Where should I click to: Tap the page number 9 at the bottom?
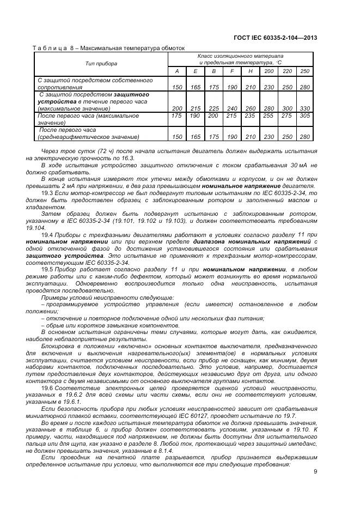pyautogui.click(x=315, y=472)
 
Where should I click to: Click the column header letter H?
pyautogui.click(x=250, y=71)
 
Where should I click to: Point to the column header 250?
pyautogui.click(x=304, y=71)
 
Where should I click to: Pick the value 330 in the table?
pyautogui.click(x=304, y=108)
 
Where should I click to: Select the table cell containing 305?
pyautogui.click(x=304, y=116)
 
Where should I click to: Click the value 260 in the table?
pyautogui.click(x=250, y=108)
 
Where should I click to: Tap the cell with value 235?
pyautogui.click(x=250, y=116)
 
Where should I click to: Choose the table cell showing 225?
pyautogui.click(x=213, y=108)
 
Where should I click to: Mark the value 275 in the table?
pyautogui.click(x=286, y=116)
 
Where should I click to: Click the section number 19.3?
pyautogui.click(x=47, y=192)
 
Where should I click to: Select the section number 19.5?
pyautogui.click(x=47, y=269)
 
